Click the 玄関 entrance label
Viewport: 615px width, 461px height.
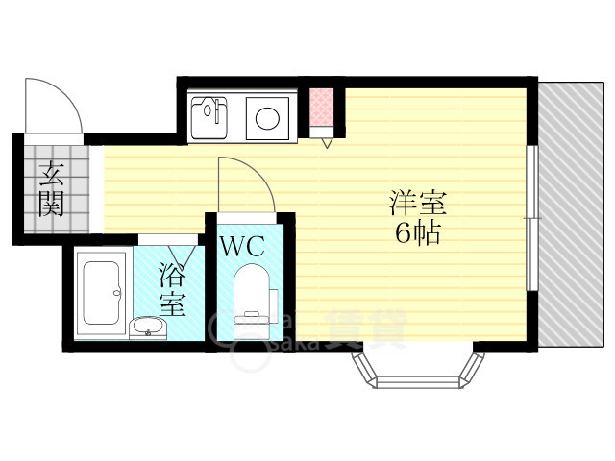52,189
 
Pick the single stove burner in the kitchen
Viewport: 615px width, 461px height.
266,119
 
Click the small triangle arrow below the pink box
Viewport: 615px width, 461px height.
327,143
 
